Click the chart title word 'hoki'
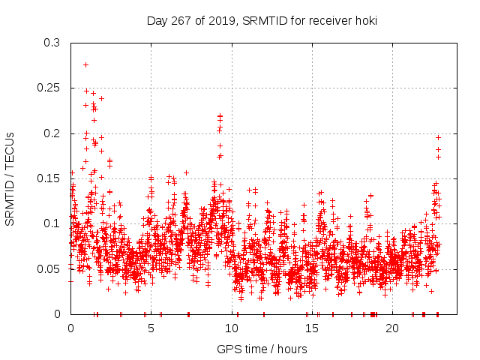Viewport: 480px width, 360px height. [364, 21]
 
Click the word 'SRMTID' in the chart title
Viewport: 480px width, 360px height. [262, 21]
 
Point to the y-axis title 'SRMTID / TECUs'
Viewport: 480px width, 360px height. [10, 178]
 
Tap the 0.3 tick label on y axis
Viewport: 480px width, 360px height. [51, 43]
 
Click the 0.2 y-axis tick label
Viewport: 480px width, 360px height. [51, 133]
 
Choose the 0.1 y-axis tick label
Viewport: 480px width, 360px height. [51, 223]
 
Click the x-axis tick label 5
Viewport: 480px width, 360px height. [151, 328]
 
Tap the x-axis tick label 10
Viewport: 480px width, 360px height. [231, 328]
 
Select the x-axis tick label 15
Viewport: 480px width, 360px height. [311, 328]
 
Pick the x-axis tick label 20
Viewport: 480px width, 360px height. [392, 328]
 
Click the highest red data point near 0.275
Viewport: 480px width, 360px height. [85, 64]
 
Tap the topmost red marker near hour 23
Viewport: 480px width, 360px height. [438, 137]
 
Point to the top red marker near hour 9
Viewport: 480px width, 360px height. [220, 116]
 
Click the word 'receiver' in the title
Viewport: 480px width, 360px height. [325, 21]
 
